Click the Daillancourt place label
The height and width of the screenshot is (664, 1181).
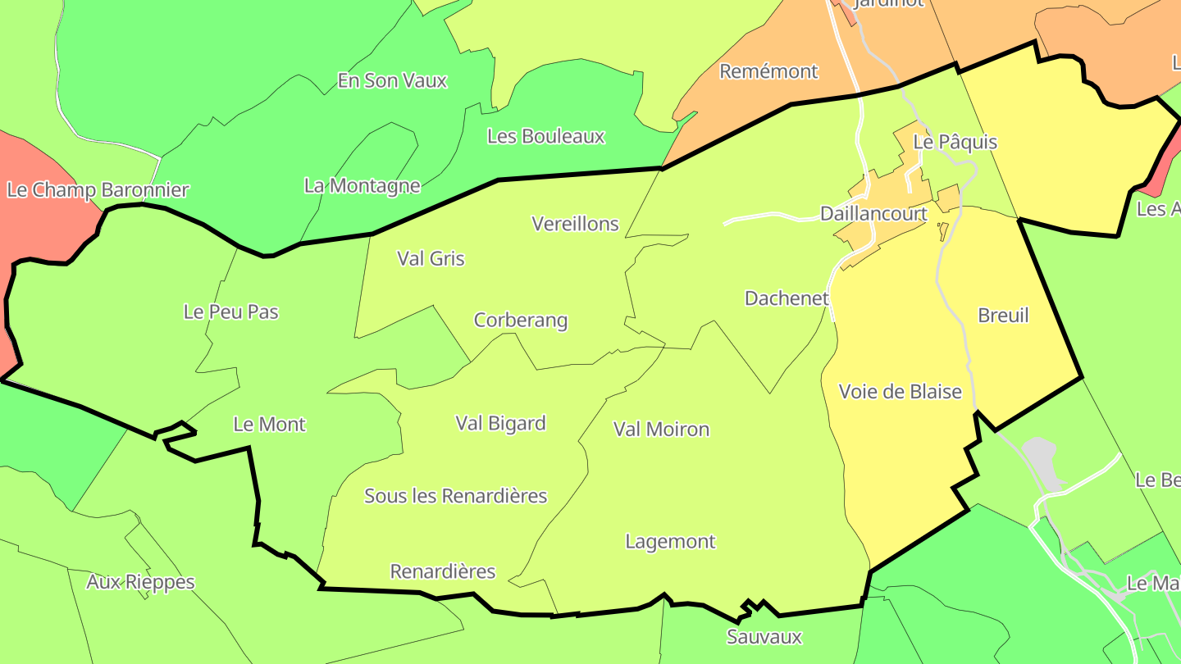873,214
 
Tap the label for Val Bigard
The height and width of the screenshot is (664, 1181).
500,423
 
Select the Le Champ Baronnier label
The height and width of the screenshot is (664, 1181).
98,190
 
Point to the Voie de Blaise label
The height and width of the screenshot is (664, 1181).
900,392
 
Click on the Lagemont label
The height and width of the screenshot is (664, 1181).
670,542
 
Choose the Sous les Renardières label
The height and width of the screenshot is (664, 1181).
455,496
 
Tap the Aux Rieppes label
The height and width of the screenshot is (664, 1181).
140,582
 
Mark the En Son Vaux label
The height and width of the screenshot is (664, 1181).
392,80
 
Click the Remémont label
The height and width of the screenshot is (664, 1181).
768,71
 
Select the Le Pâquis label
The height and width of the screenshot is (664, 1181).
955,142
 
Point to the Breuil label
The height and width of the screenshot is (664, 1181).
1003,316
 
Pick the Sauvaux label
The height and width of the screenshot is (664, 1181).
764,637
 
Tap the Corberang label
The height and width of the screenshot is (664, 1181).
521,320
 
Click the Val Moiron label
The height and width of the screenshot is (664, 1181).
661,429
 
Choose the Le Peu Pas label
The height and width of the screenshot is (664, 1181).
230,312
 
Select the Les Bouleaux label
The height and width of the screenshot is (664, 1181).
545,136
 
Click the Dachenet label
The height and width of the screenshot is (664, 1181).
787,298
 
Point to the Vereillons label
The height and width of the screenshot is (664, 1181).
575,224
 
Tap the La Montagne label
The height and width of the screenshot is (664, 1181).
362,186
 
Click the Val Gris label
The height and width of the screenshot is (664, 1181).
431,259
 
